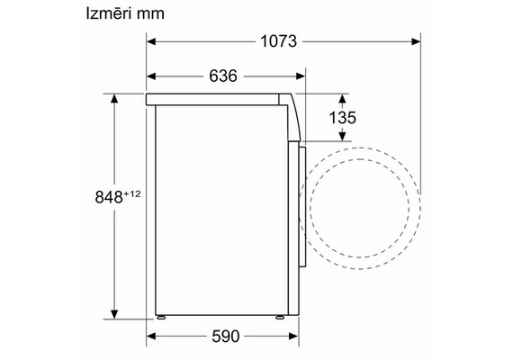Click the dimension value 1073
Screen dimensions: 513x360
pos(278,41)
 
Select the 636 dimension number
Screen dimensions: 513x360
pos(223,76)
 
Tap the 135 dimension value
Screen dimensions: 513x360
pos(342,118)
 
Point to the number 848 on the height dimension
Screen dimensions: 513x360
pos(109,197)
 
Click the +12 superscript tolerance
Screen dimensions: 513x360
pos(132,193)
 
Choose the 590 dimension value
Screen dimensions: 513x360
pos(226,336)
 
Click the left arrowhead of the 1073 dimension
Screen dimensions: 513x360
pos(151,41)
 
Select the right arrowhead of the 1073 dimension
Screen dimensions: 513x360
pos(416,41)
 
